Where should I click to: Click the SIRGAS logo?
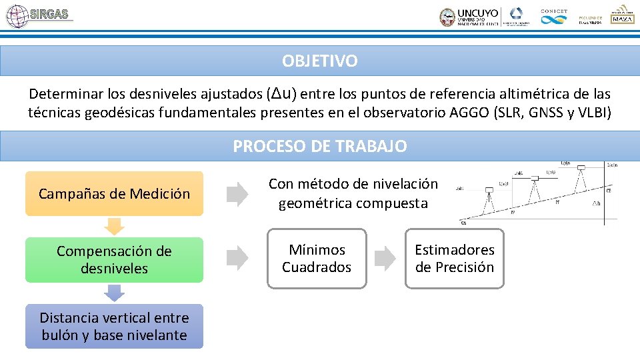38,15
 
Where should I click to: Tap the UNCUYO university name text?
477,13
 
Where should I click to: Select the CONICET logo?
553,17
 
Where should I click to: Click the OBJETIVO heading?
319,61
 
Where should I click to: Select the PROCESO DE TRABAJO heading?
319,146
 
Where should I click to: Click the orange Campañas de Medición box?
114,194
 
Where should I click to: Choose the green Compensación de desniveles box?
114,260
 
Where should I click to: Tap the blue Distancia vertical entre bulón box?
114,327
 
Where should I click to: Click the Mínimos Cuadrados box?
317,259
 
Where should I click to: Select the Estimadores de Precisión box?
455,259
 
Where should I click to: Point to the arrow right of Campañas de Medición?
236,193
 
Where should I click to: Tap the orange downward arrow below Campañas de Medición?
115,227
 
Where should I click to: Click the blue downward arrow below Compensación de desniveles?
115,293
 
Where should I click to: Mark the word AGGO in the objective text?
472,113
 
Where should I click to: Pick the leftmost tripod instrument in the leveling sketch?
489,195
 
